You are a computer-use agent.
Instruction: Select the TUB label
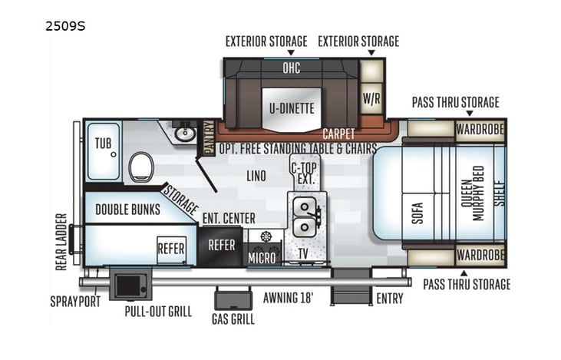103,144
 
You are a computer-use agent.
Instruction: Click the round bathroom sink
184,134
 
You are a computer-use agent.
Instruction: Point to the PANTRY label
209,137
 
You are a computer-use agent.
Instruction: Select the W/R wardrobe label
371,97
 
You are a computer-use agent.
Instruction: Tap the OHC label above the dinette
291,68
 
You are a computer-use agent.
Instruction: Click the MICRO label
262,258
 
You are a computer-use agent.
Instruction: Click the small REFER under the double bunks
170,248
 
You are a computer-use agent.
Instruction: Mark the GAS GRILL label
233,319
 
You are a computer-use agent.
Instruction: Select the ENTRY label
389,299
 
